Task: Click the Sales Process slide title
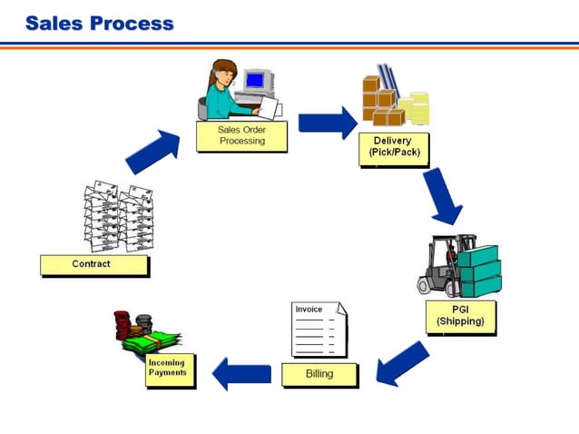coord(99,23)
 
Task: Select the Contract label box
coord(93,264)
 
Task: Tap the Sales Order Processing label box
coord(241,135)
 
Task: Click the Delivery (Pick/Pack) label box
coord(391,146)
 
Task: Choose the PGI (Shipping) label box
coord(460,315)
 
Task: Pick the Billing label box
coord(319,373)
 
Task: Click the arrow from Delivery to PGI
coord(441,196)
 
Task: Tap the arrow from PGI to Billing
coord(400,362)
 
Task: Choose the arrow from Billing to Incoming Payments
coord(241,372)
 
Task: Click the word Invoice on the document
coord(309,310)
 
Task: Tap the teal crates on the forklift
coord(478,271)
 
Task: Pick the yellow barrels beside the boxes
coord(420,109)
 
